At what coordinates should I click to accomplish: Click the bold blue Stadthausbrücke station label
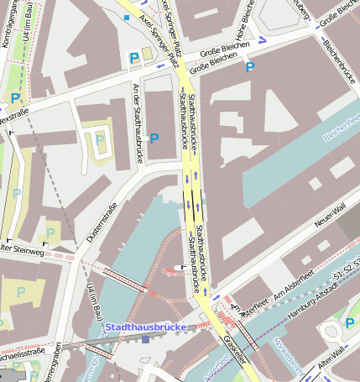148,327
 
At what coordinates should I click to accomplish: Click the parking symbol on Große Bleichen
249,66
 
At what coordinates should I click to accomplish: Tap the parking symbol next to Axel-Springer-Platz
133,56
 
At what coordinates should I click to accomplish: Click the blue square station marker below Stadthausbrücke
145,339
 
